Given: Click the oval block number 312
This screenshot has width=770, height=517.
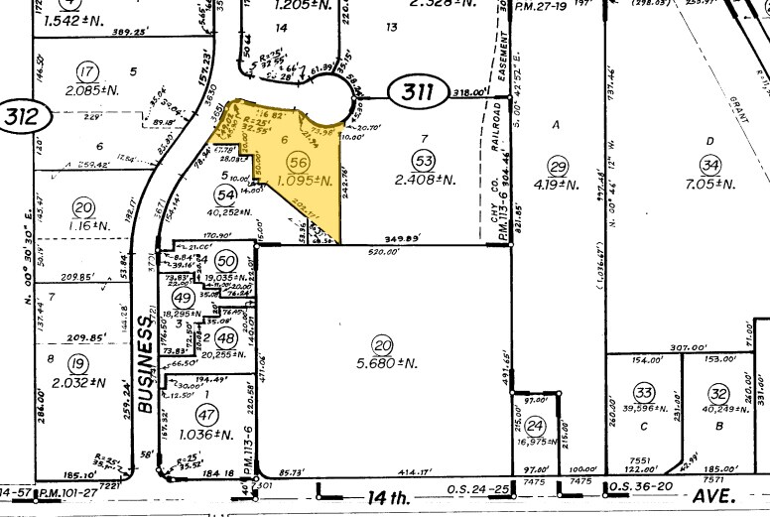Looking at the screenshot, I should coord(24,117).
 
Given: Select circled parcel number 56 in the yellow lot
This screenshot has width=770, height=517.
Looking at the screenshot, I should coord(297,162).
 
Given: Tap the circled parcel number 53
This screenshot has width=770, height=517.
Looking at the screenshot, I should coord(425,162).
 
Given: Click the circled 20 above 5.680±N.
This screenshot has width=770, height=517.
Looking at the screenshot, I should coord(384,345).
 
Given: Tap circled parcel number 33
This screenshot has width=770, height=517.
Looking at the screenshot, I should coord(645,391).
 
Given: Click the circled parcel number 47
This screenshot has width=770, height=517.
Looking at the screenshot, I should coord(205,413).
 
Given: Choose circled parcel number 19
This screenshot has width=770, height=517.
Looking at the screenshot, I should coord(79,361).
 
